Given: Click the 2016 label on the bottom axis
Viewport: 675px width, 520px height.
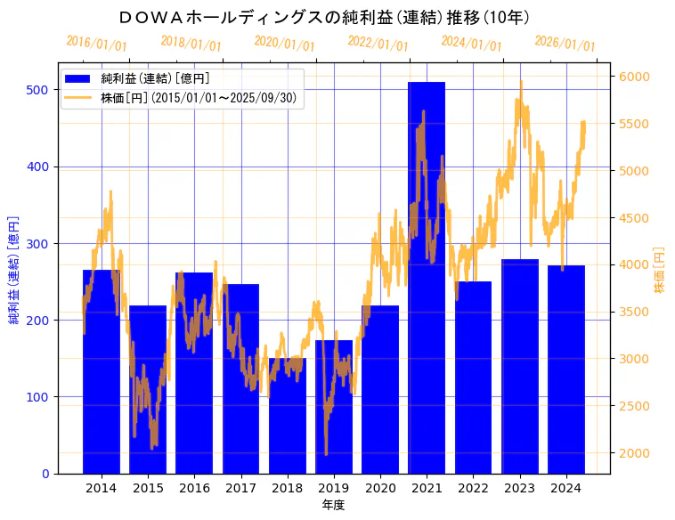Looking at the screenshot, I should pyautogui.click(x=194, y=488).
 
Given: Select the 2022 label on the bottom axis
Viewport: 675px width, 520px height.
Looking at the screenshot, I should pyautogui.click(x=473, y=488).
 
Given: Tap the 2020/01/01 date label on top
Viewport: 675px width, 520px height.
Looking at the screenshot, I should pyautogui.click(x=284, y=43).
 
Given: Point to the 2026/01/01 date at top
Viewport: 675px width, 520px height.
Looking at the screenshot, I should pyautogui.click(x=565, y=43).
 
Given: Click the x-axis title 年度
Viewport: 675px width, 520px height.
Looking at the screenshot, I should pyautogui.click(x=333, y=505).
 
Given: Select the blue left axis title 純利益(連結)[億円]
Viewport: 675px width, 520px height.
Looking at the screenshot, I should pyautogui.click(x=14, y=269).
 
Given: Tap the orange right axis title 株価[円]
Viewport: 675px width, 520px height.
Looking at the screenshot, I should pyautogui.click(x=660, y=269).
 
